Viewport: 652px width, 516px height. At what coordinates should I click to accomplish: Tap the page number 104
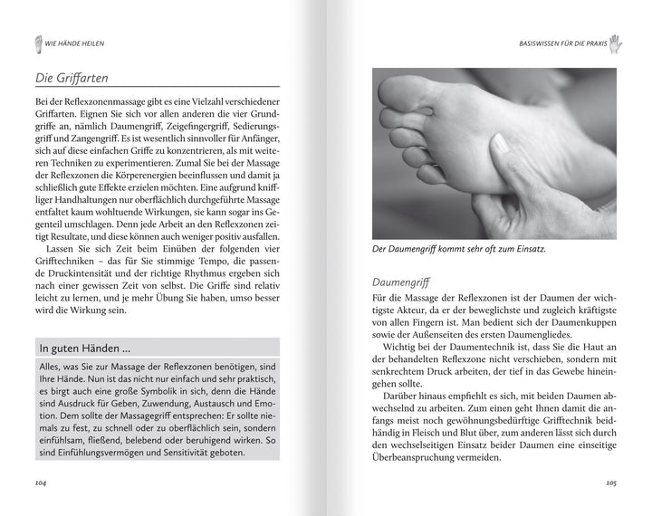point(41,483)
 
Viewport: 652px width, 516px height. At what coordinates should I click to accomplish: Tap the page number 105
point(611,483)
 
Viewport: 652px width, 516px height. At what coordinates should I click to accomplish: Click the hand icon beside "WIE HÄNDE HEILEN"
point(38,42)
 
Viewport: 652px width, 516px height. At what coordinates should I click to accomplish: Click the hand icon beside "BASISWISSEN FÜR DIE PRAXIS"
point(615,42)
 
